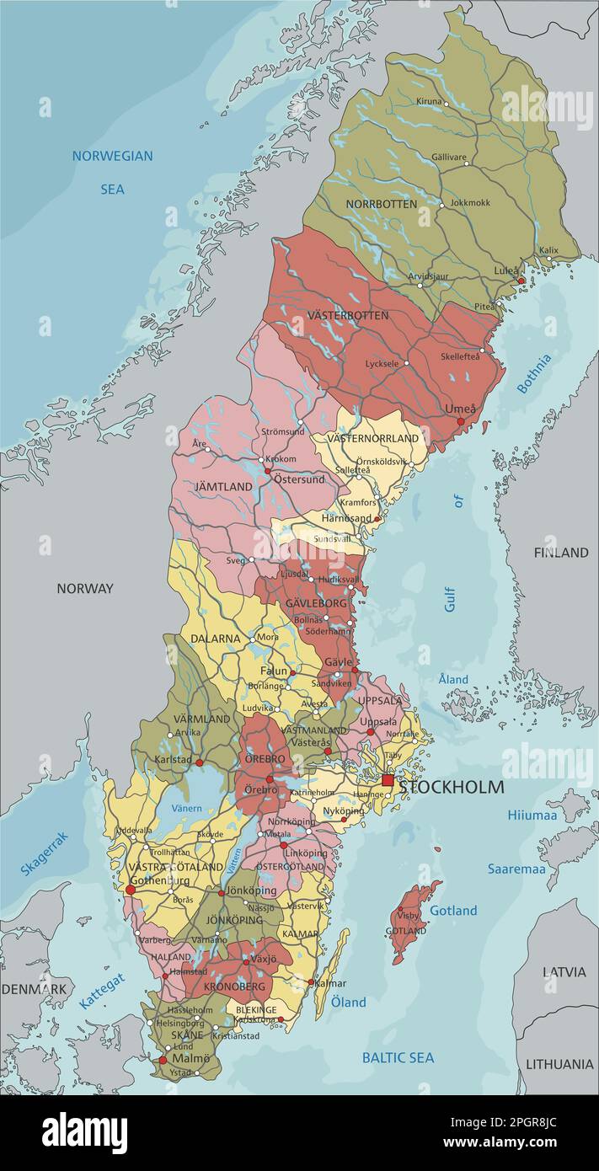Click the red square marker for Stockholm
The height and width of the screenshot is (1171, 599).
388,781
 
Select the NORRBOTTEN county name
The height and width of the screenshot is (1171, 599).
381,204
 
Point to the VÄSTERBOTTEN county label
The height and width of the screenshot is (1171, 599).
347,315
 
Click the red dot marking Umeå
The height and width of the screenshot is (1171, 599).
460,421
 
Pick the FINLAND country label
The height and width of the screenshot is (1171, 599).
560,553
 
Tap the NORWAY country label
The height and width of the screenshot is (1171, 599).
84,588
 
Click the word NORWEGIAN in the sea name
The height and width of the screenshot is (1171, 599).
112,156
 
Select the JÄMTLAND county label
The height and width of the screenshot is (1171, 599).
223,487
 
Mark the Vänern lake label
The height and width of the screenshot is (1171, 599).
186,808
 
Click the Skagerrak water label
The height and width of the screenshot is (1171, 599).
44,853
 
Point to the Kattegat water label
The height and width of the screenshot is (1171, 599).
102,992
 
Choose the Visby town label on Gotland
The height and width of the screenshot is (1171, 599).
408,915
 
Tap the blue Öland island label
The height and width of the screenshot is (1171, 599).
348,1002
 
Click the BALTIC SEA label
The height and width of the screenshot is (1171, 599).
398,1057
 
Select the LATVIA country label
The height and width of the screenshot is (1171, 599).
564,971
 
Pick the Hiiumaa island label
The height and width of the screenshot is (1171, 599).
532,815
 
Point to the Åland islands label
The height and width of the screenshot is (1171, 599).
453,679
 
